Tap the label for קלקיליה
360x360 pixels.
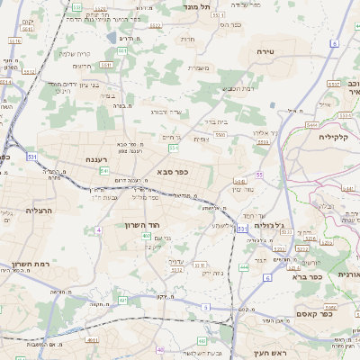[x=339, y=137]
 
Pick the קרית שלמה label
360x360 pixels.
[x=78, y=53]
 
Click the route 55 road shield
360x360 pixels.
[x=259, y=175]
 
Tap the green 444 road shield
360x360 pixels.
[x=244, y=267]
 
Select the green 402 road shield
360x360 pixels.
[x=145, y=236]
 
